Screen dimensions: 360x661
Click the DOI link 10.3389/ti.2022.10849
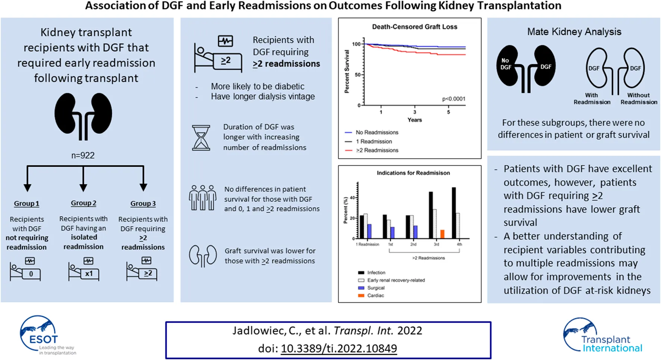click(339, 348)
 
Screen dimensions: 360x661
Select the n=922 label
click(83, 155)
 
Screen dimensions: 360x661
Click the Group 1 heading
click(26, 204)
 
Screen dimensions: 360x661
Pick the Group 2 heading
click(84, 203)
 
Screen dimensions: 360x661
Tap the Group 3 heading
click(143, 204)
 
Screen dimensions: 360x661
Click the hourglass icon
click(201, 138)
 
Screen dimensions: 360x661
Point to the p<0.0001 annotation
click(454, 99)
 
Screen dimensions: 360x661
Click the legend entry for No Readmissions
click(377, 132)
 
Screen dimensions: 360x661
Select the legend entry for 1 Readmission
click(374, 141)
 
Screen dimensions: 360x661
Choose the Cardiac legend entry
click(375, 295)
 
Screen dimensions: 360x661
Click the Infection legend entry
click(376, 273)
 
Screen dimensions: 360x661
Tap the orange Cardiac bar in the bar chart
click(442, 234)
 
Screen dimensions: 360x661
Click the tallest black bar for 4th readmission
click(454, 213)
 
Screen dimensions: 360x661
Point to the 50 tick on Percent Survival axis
click(357, 75)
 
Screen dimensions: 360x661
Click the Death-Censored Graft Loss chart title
click(414, 27)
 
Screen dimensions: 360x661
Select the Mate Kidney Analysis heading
click(574, 32)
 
